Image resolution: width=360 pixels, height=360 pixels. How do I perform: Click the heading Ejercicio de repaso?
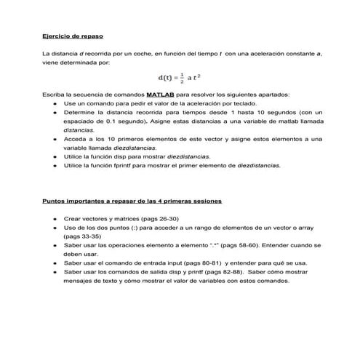[x=73, y=35]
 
